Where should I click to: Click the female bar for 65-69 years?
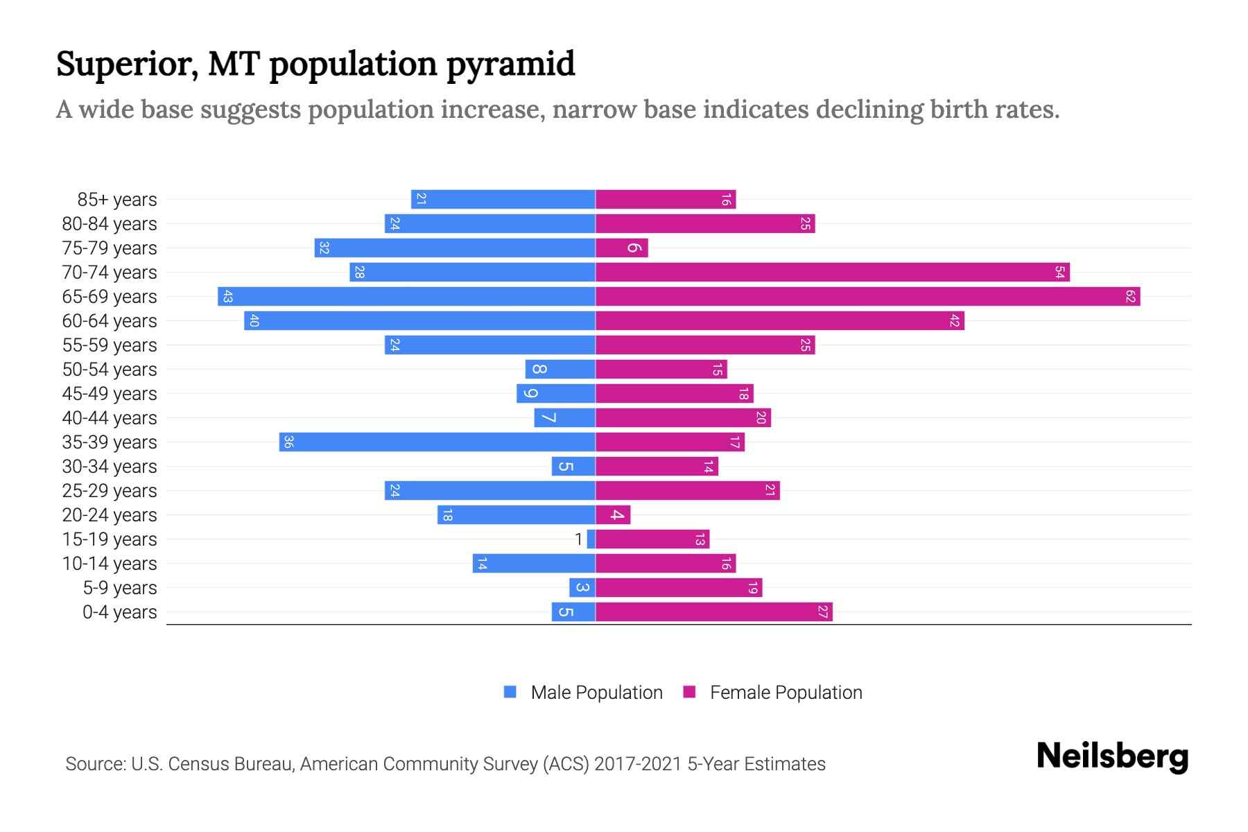pyautogui.click(x=867, y=297)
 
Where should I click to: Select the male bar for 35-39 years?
pyautogui.click(x=437, y=442)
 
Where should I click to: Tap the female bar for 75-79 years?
pyautogui.click(x=621, y=248)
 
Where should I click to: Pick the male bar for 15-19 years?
pyautogui.click(x=591, y=539)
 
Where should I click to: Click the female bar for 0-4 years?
pyautogui.click(x=713, y=612)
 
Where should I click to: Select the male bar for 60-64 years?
pyautogui.click(x=419, y=321)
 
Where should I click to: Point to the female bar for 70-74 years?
pyautogui.click(x=832, y=272)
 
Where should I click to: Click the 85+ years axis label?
pyautogui.click(x=117, y=200)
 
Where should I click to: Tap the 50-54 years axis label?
pyautogui.click(x=110, y=370)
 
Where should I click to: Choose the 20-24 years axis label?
pyautogui.click(x=110, y=515)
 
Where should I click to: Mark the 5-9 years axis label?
pyautogui.click(x=120, y=588)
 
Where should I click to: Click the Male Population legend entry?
pyautogui.click(x=596, y=693)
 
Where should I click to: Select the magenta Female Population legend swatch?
pyautogui.click(x=689, y=692)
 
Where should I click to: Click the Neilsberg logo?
pyautogui.click(x=1112, y=756)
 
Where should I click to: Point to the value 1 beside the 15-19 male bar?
pyautogui.click(x=579, y=539)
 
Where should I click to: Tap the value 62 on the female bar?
pyautogui.click(x=1131, y=297)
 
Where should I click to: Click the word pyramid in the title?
pyautogui.click(x=510, y=64)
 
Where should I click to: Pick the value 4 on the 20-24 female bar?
pyautogui.click(x=616, y=515)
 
